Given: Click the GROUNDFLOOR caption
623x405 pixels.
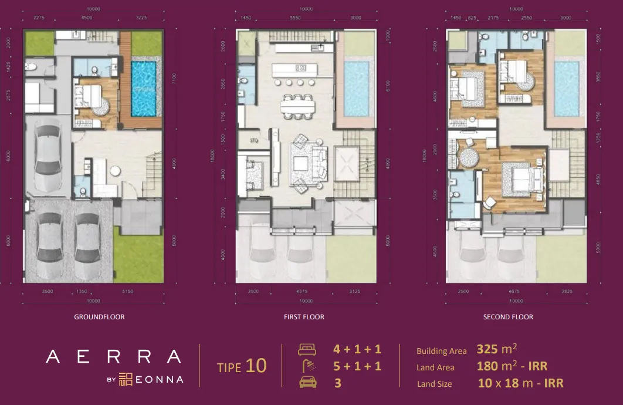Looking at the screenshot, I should tap(99, 317).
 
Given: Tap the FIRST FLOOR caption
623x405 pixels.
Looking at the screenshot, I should tap(304, 317).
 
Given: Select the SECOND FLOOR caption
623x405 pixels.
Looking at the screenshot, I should tap(508, 317).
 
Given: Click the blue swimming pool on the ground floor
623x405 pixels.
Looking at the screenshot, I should tap(143, 88).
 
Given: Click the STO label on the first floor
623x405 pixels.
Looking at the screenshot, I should tap(253, 141).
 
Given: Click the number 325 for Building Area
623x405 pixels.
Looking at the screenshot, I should tap(487, 349).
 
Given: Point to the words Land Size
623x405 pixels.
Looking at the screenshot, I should tap(435, 384).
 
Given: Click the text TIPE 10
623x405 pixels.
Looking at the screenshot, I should tap(242, 366).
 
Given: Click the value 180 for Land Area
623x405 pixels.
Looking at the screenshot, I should tap(487, 366).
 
